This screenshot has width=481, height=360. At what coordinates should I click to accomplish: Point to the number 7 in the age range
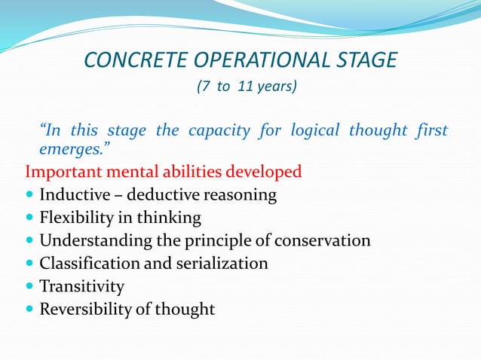tap(201, 87)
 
